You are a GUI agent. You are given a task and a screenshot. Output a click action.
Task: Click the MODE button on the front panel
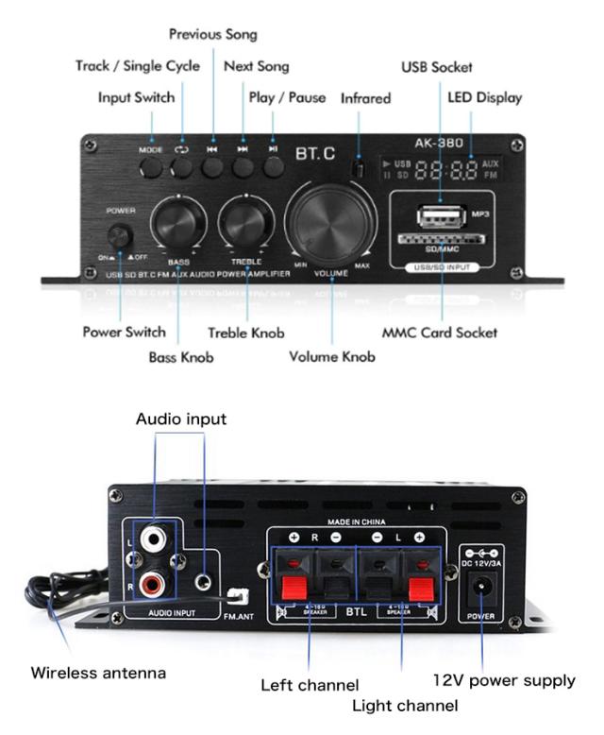click(x=151, y=167)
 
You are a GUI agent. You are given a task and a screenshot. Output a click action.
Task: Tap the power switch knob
click(x=120, y=236)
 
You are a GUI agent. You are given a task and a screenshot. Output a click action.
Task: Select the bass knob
click(x=178, y=222)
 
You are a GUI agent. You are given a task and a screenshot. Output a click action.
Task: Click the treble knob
click(x=245, y=222)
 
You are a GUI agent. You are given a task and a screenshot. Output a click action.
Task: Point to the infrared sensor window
click(x=359, y=168)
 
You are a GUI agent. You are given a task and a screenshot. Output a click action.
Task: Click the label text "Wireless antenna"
click(x=98, y=673)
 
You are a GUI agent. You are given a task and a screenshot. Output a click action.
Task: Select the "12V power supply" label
click(x=504, y=679)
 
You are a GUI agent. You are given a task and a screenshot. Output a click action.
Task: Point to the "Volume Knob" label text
click(x=331, y=356)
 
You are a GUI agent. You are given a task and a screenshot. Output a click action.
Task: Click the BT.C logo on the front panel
click(x=315, y=151)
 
